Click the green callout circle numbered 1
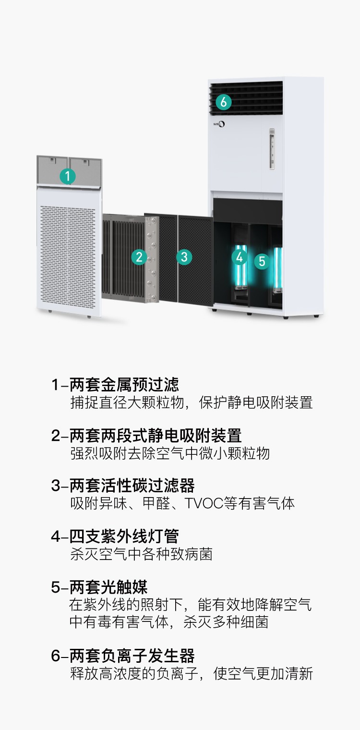point(68,176)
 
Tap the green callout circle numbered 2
point(139,257)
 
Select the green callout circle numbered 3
point(184,257)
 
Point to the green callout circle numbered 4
point(240,257)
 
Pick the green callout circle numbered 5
point(262,261)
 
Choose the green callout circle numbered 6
point(224,102)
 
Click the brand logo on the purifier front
point(219,124)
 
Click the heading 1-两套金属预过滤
point(115,385)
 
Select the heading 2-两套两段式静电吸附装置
point(146,436)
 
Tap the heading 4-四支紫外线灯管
point(115,536)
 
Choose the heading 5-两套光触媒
point(99,587)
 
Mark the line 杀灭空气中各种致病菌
point(141,554)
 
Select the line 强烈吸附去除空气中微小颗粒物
point(170,453)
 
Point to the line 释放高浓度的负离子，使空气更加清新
point(192,673)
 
